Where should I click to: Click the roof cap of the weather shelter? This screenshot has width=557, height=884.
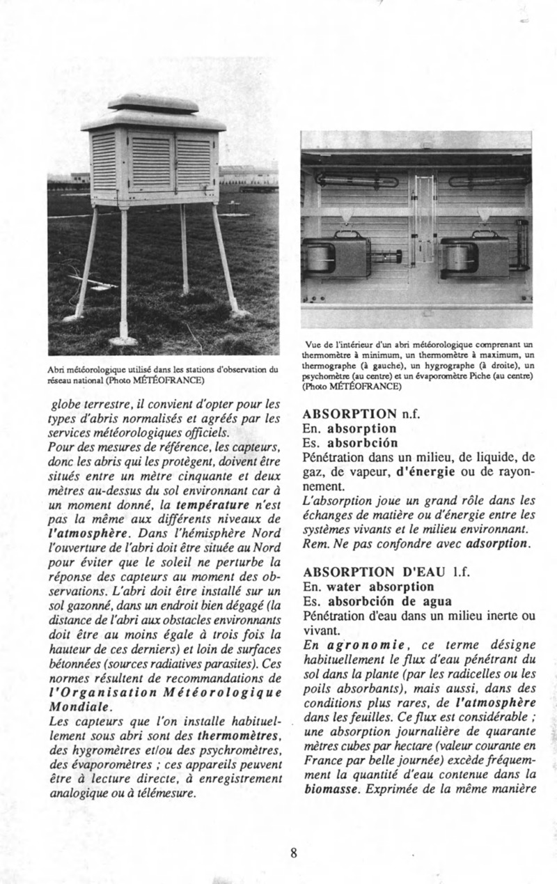[x=153, y=103]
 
